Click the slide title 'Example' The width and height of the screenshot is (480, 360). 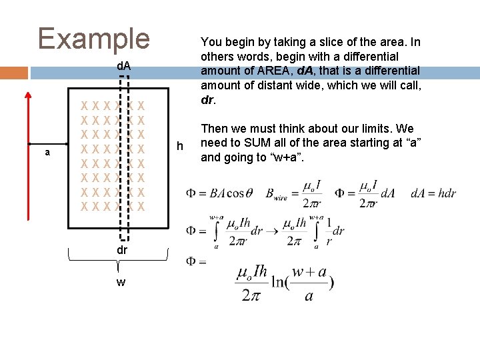[94, 38]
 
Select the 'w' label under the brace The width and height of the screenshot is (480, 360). [121, 282]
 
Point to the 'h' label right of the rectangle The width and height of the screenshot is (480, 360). [179, 145]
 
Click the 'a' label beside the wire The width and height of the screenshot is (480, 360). [47, 153]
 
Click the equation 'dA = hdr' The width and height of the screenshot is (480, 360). [433, 193]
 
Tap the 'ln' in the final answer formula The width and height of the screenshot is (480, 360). [279, 281]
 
